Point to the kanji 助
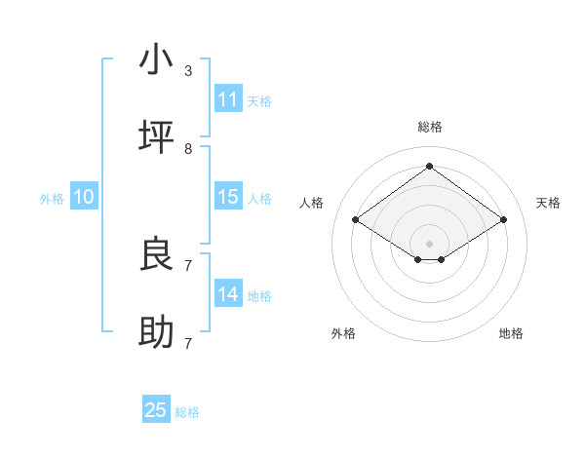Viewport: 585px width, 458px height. (x=156, y=333)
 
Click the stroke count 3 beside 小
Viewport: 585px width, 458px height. (x=188, y=71)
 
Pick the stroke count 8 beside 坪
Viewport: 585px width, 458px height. (x=188, y=149)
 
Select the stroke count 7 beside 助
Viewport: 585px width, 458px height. (x=188, y=344)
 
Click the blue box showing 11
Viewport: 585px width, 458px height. (x=228, y=99)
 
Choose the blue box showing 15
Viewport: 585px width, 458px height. (x=228, y=197)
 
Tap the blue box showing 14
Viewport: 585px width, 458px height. (x=228, y=294)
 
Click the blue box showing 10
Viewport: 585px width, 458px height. (x=84, y=197)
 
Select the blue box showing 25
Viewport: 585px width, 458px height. (x=156, y=410)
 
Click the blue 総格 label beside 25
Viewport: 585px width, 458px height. (x=187, y=412)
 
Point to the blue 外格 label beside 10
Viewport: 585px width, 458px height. (x=52, y=199)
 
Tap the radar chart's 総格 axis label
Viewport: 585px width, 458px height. (x=429, y=127)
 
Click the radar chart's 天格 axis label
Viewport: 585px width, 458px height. (x=548, y=203)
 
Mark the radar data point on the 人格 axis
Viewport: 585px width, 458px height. (x=356, y=220)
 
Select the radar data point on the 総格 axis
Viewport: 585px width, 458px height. (x=429, y=167)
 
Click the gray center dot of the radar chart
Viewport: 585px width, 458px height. (x=429, y=243)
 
